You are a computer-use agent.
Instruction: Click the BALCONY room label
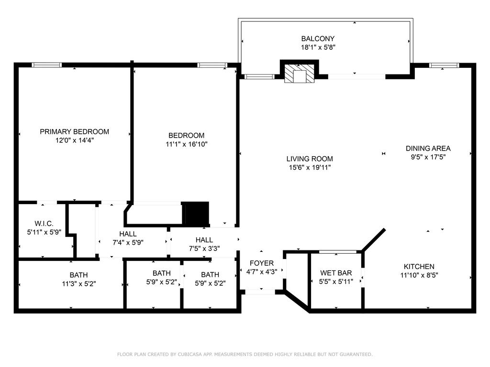(318, 39)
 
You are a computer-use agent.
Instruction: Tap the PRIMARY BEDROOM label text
(74, 132)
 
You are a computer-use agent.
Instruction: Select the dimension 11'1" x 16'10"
(187, 144)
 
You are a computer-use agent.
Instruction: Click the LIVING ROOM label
(310, 159)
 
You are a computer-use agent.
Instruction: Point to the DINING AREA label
(428, 149)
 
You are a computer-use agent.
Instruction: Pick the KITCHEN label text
(419, 267)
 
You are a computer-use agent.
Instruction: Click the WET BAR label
(336, 273)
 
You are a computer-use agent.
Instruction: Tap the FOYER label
(262, 263)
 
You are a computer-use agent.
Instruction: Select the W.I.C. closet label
(44, 224)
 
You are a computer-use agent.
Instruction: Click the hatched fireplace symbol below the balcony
(299, 74)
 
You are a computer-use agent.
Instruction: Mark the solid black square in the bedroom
(196, 213)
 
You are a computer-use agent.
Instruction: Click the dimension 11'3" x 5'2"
(79, 284)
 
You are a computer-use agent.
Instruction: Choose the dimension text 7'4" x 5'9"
(128, 242)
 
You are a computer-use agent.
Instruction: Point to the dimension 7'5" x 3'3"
(204, 248)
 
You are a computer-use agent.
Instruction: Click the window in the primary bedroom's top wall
(46, 65)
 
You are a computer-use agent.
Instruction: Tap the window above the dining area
(444, 65)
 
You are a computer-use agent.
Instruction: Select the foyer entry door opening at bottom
(260, 292)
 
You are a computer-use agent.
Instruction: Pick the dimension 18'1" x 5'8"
(318, 47)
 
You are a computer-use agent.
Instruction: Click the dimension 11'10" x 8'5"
(419, 275)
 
